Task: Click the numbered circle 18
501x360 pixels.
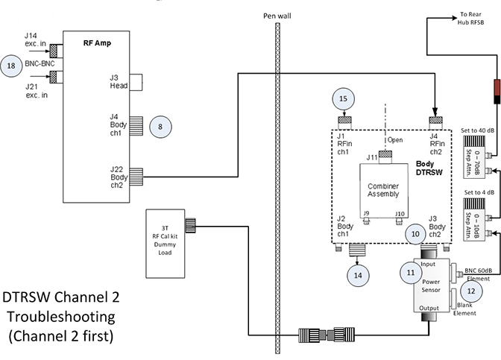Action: [12, 65]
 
